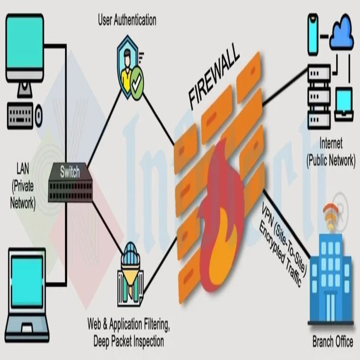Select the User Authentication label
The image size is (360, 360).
(127, 19)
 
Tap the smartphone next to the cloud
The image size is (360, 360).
(313, 34)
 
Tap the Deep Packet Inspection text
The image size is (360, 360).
(129, 341)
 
